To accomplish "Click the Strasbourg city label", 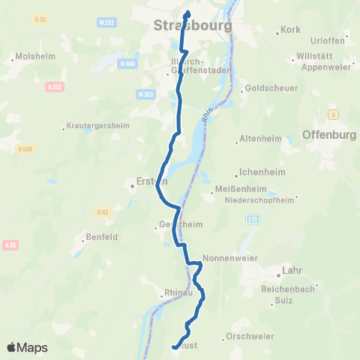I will tap(192, 26).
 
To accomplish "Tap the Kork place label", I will tap(289, 31).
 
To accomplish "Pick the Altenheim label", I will tap(259, 139).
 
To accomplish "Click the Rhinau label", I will tap(178, 293).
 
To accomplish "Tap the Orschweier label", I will tap(250, 337).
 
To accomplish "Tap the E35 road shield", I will tap(253, 218).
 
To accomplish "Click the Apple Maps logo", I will tap(27, 347).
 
